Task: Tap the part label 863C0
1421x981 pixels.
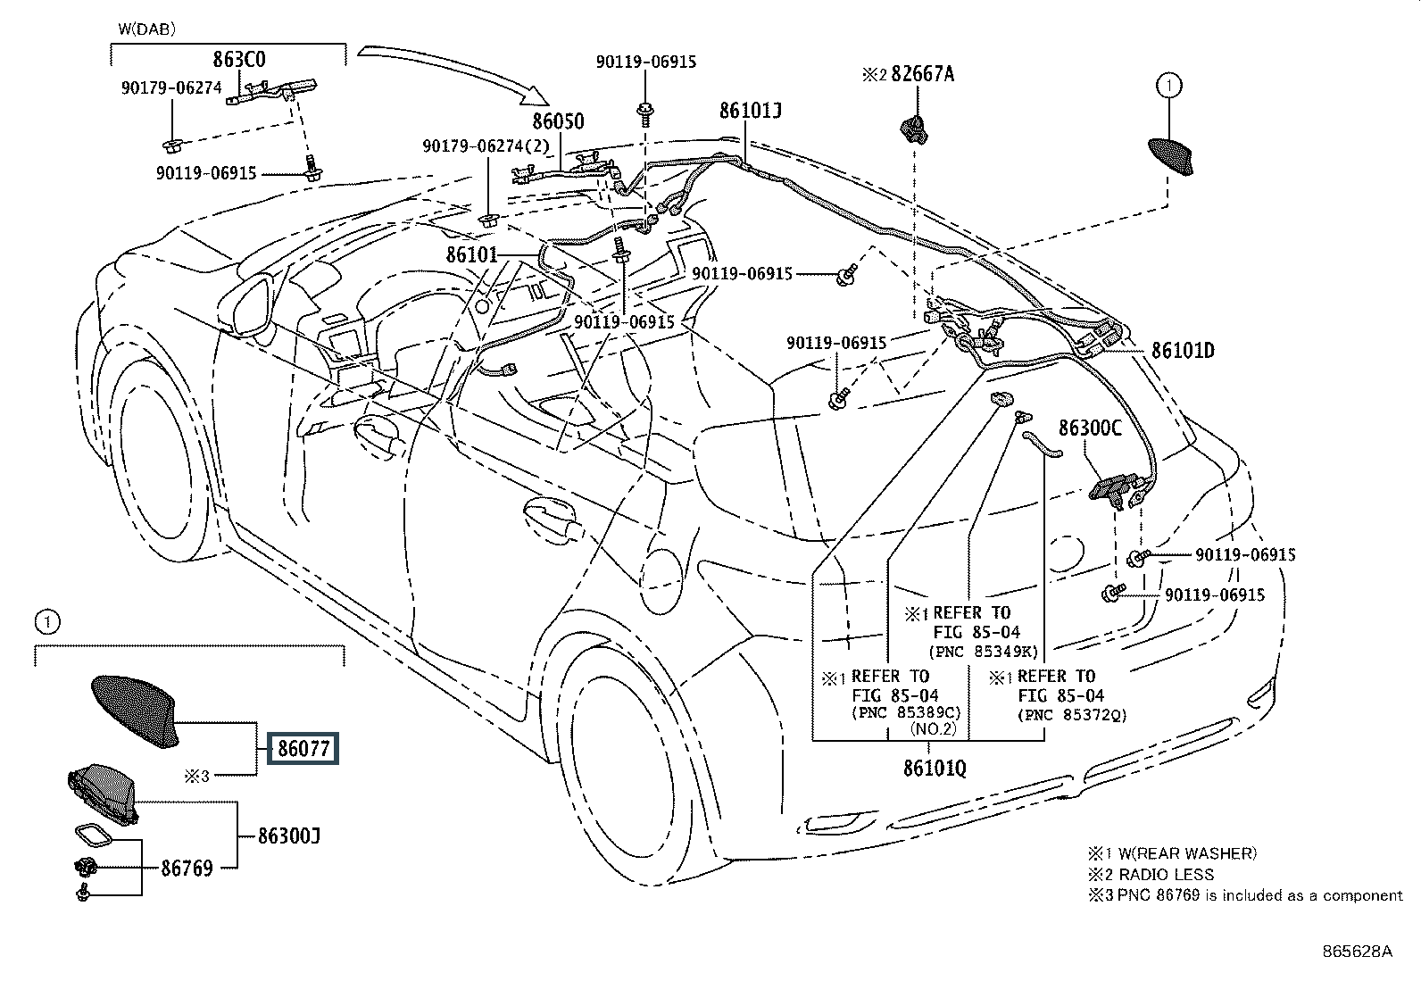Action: click(x=238, y=61)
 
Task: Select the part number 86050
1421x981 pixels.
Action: click(x=558, y=121)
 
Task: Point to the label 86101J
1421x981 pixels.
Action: click(x=751, y=110)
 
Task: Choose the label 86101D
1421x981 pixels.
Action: click(x=1183, y=350)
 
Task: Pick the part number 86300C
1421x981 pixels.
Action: click(x=1090, y=428)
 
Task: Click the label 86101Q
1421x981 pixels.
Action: click(x=934, y=767)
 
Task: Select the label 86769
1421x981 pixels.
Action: click(x=187, y=867)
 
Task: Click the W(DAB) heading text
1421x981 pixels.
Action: click(x=146, y=29)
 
